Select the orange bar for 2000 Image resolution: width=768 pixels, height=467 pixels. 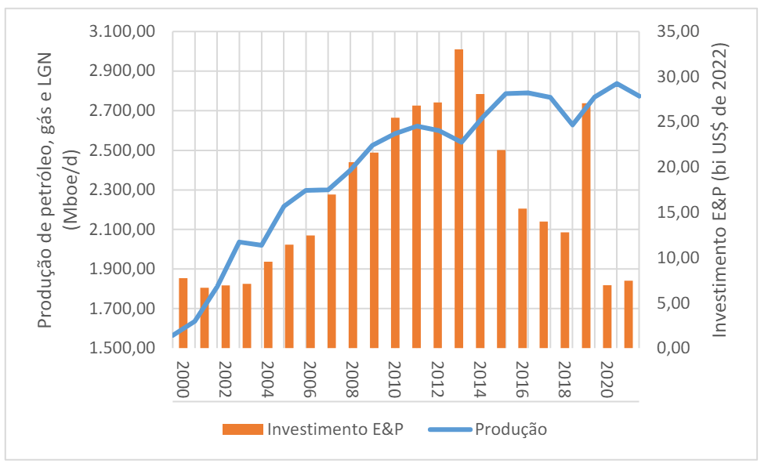pyautogui.click(x=183, y=313)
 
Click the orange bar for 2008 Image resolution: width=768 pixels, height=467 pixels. pyautogui.click(x=353, y=255)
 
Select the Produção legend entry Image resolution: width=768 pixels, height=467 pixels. pyautogui.click(x=509, y=429)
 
